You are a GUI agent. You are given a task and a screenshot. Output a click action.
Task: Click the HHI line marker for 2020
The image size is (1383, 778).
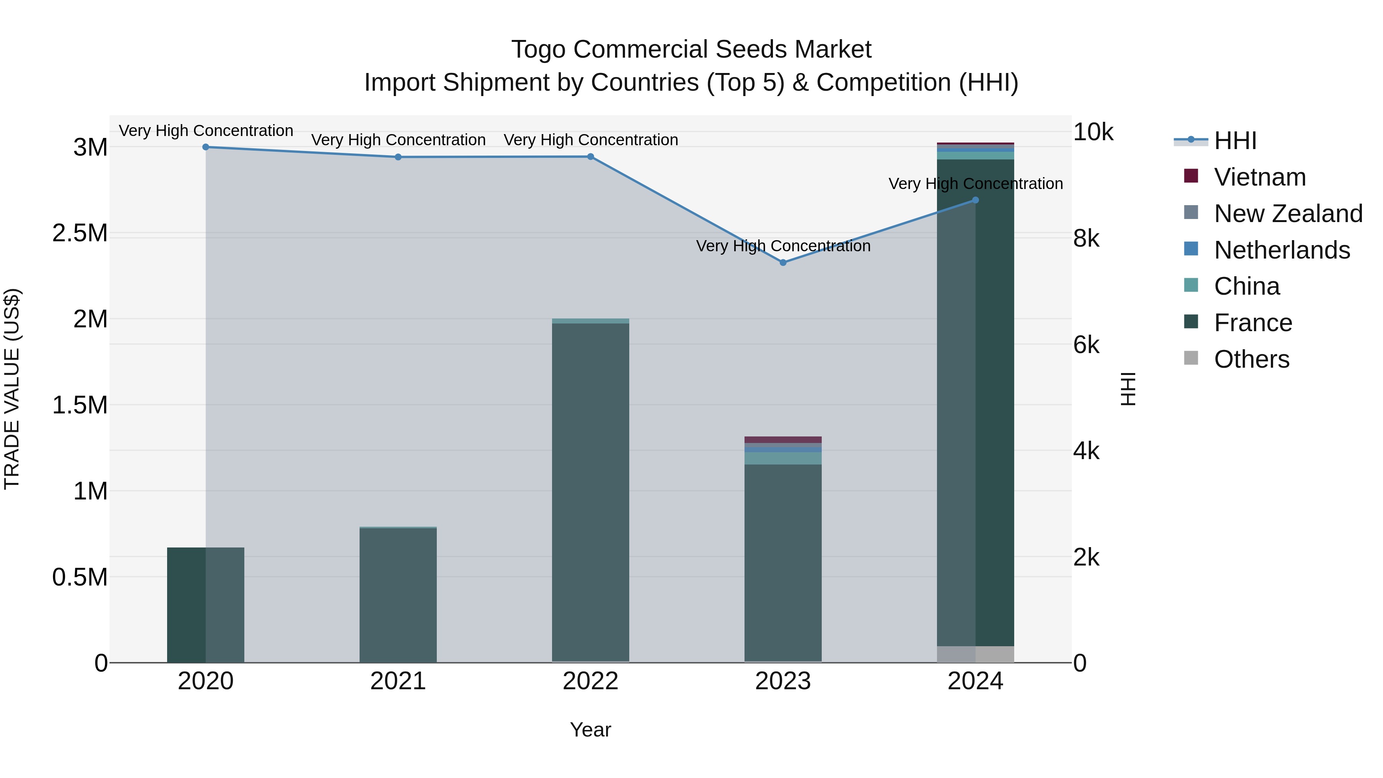[206, 147]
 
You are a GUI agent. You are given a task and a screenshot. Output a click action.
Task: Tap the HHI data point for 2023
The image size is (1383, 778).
[783, 262]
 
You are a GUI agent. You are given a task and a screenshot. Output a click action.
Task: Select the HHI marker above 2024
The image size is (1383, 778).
[975, 200]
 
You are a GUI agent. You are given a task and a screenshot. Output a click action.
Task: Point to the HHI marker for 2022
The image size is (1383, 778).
[590, 157]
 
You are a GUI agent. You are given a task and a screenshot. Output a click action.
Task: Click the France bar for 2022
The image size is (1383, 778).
[590, 491]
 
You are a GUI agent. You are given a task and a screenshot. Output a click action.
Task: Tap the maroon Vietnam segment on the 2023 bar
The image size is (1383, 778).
[783, 440]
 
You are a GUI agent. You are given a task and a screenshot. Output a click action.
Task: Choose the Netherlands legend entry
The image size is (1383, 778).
[1282, 250]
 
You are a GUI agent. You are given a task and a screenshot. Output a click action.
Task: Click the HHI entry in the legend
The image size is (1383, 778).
[1235, 141]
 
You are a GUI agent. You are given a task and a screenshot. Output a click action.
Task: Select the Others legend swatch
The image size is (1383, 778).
[1191, 358]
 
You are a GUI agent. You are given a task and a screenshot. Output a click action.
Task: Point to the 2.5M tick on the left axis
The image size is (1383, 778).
[80, 234]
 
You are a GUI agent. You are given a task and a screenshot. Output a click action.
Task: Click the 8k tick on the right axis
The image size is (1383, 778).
[1086, 238]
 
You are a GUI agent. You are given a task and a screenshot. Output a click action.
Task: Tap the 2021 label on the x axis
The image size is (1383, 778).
[398, 681]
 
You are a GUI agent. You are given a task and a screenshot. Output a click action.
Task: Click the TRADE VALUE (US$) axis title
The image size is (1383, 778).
[12, 389]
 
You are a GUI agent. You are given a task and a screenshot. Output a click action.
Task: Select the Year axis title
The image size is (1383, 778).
[590, 730]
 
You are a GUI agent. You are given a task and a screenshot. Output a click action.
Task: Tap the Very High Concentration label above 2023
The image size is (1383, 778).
[783, 246]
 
